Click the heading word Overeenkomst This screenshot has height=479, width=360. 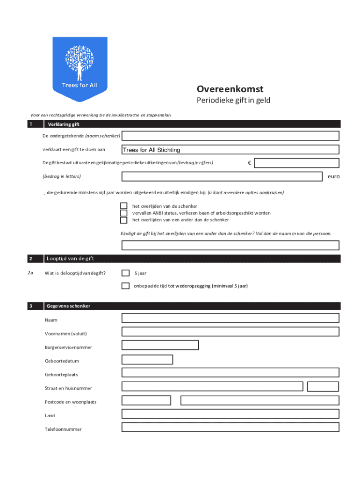click(230, 89)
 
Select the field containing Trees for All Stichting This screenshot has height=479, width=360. click(230, 150)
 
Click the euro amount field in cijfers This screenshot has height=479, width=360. click(297, 163)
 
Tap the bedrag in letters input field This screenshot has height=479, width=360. click(222, 176)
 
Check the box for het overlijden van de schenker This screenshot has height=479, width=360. click(124, 206)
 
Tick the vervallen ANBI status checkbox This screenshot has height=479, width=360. click(124, 213)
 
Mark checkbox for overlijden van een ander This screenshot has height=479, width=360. click(124, 220)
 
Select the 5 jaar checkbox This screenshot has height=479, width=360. click(125, 273)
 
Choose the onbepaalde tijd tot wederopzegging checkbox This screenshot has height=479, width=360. click(125, 286)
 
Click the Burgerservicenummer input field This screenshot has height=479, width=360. click(160, 345)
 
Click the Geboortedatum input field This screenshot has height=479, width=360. click(147, 359)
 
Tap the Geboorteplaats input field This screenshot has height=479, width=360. click(230, 373)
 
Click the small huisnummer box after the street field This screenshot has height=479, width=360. click(323, 386)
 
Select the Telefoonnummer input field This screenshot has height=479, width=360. click(230, 427)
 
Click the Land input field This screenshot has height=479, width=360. click(230, 414)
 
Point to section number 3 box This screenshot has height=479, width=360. click(31, 306)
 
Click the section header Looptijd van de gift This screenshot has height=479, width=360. click(71, 259)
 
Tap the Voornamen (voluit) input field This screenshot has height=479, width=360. click(230, 332)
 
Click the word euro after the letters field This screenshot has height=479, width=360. click(333, 177)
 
